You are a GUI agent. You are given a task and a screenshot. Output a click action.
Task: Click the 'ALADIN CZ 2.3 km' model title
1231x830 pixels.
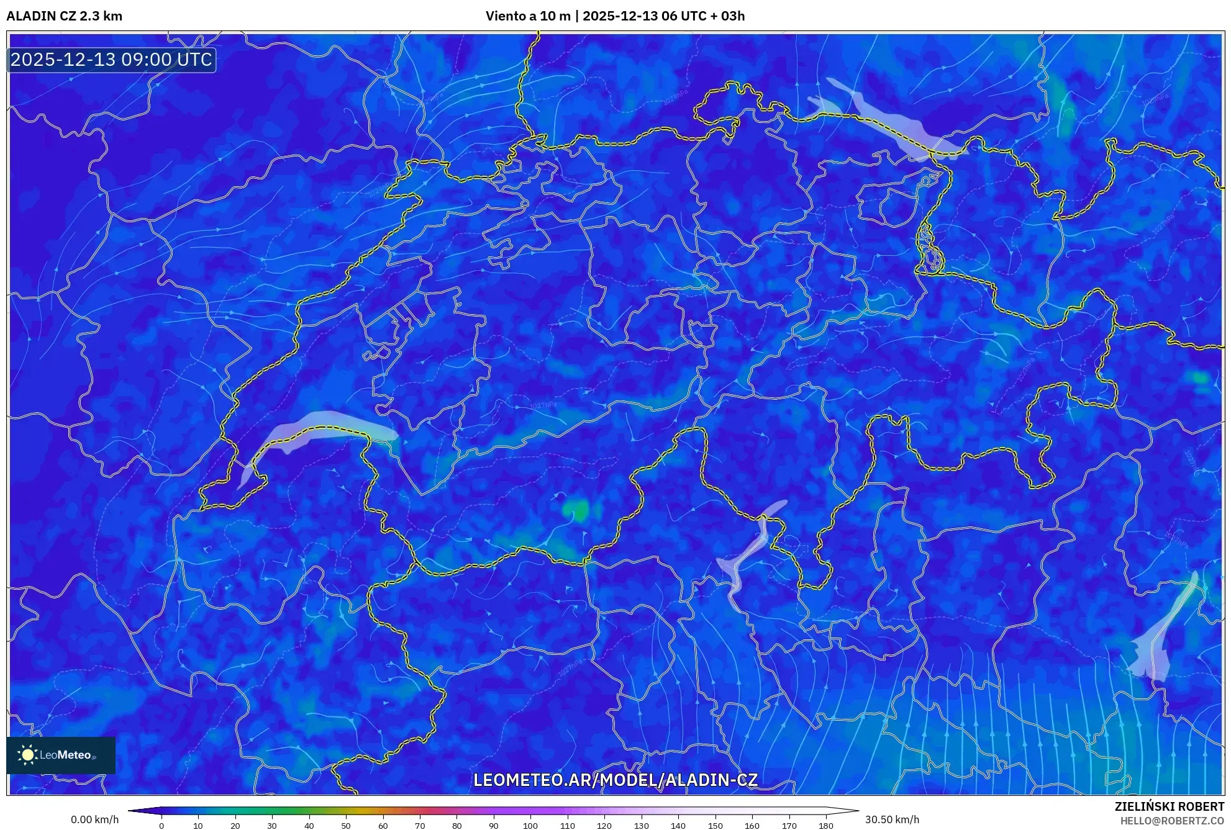click(65, 16)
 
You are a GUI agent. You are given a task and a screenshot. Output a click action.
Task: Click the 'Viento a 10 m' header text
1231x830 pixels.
click(527, 16)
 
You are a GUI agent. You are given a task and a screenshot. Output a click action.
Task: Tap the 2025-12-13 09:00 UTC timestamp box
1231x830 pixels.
click(111, 60)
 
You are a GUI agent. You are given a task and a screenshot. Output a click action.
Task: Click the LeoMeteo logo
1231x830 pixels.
click(61, 755)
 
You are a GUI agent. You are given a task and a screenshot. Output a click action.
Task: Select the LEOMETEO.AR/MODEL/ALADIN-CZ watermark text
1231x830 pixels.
click(615, 780)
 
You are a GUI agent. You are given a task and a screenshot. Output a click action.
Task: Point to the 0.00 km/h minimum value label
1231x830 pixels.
click(94, 819)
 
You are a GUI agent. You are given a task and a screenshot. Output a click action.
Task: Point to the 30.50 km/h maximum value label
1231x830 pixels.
click(892, 819)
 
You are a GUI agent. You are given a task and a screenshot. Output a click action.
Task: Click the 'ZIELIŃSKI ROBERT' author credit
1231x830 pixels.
click(1169, 806)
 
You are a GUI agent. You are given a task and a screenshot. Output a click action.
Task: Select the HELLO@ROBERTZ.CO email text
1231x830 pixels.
click(1171, 821)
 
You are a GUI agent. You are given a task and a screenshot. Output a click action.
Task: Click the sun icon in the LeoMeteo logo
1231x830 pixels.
click(27, 755)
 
